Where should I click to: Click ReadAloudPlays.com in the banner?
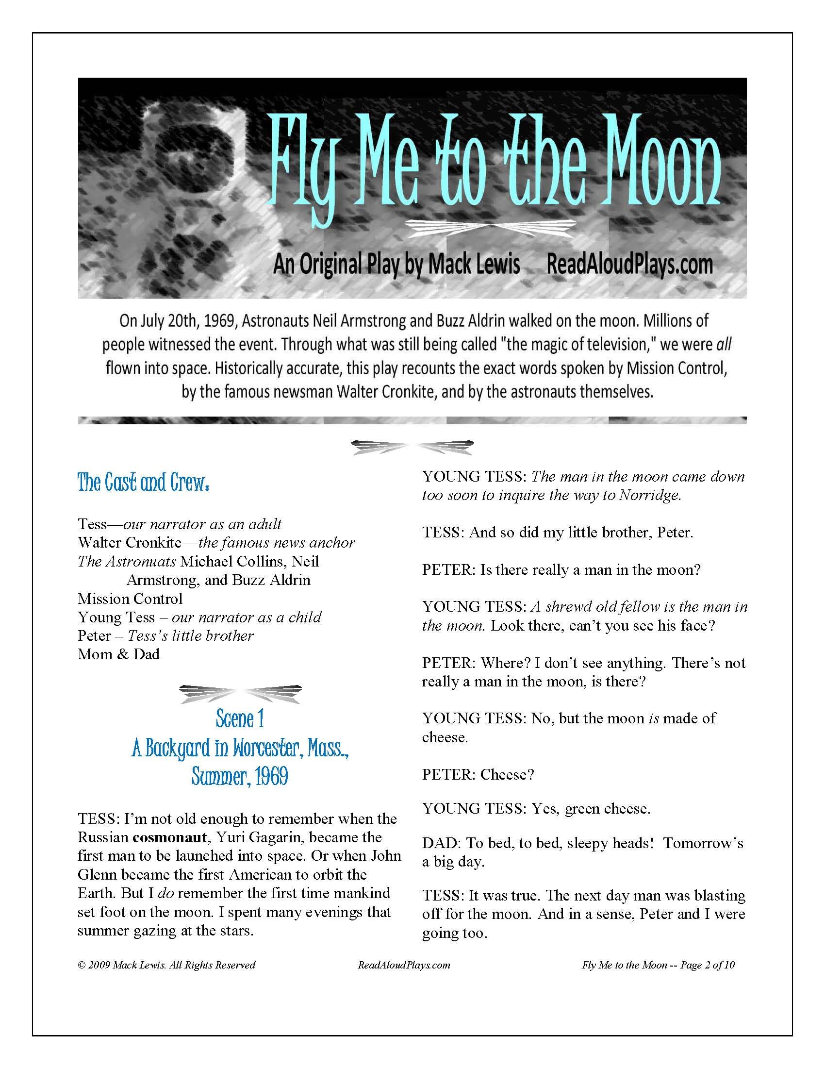629,265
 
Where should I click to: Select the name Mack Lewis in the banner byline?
474,265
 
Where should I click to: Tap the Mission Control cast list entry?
130,599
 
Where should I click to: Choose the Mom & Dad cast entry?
119,654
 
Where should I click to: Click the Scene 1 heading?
239,719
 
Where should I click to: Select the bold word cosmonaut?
169,837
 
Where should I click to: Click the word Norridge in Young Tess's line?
650,495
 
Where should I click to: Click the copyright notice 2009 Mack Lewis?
166,965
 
